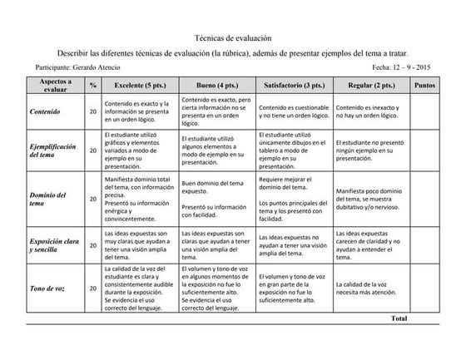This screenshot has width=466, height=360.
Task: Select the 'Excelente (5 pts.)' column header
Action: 137,85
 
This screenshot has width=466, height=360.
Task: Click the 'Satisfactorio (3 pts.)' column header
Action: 294,85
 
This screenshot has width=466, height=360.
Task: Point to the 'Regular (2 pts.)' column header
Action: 371,85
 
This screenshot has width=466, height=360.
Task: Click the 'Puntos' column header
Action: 430,85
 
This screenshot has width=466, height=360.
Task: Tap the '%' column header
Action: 93,85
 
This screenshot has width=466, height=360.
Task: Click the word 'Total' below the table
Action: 399,318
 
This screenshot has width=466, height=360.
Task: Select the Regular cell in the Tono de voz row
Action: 371,288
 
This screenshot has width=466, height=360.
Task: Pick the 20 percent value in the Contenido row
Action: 93,111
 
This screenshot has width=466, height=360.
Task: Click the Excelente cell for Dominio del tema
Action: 137,199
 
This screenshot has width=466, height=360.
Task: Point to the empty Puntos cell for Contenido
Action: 430,111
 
